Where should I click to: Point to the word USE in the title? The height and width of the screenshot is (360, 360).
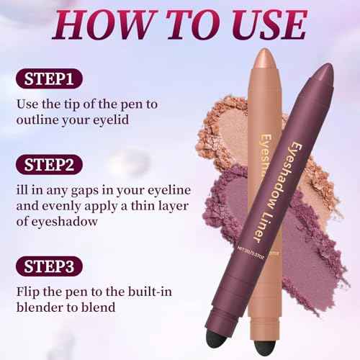click(261, 26)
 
